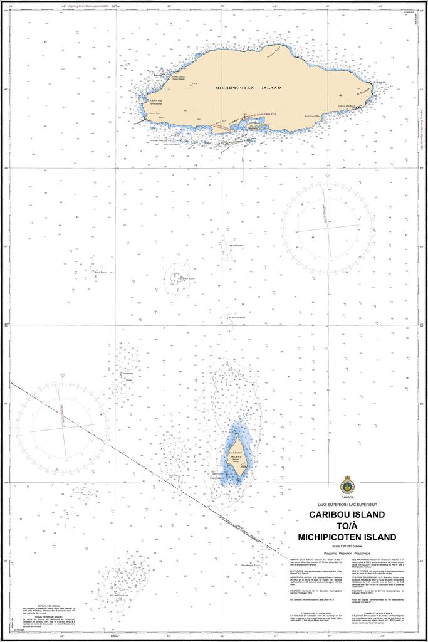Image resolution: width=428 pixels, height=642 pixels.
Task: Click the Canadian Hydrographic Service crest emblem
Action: click(347, 485)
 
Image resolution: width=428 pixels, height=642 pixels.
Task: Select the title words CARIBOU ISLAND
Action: click(347, 515)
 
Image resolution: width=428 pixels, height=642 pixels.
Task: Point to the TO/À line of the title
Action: click(347, 526)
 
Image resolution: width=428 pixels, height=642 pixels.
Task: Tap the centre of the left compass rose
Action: click(63, 429)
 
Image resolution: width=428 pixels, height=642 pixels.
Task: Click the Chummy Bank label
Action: click(186, 278)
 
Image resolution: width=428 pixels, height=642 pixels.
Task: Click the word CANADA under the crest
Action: click(347, 498)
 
